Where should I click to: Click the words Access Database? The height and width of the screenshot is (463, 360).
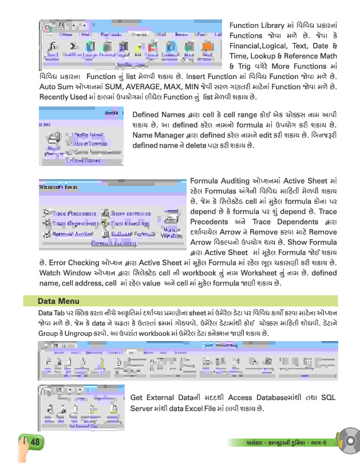(254, 398)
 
